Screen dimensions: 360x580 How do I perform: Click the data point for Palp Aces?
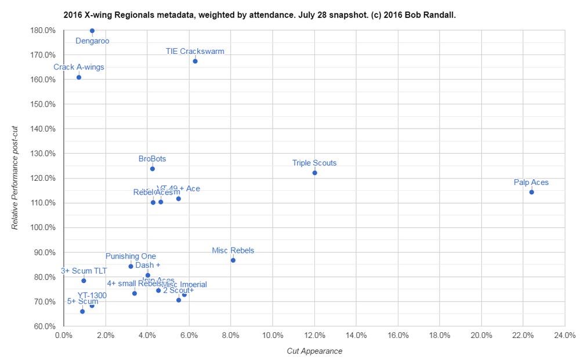pos(531,192)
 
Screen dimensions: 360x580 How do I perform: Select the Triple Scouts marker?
pos(315,173)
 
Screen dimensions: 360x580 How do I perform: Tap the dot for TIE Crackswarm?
pos(195,61)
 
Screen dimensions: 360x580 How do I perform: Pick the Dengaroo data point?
pos(92,31)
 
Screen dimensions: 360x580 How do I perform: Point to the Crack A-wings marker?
pos(79,77)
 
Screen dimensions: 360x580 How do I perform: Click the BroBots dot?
pos(153,169)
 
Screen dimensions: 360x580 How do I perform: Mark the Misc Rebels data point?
pos(233,260)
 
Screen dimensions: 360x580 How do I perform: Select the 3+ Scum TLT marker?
pos(84,281)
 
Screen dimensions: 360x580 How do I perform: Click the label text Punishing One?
pos(130,256)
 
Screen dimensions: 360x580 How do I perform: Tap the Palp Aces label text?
pos(531,183)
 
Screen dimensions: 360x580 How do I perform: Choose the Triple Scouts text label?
pos(314,163)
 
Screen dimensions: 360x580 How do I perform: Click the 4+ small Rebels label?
pos(135,283)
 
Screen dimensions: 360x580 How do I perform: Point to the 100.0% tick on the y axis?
pos(43,228)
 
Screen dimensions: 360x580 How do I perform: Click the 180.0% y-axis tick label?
pos(43,30)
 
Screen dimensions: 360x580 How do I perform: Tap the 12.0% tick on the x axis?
pos(314,335)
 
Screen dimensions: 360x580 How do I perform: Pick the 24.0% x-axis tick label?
pos(564,335)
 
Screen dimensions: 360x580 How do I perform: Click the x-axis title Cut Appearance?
pos(314,351)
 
